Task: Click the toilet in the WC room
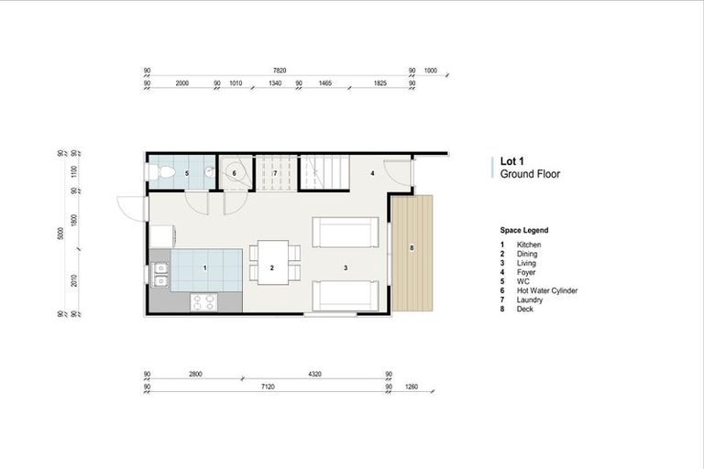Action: tap(156, 172)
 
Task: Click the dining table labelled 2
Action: tap(272, 262)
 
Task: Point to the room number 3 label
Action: tap(346, 267)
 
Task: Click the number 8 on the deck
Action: tap(412, 248)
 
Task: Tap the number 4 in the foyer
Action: tap(373, 172)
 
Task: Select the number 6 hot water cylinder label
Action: tap(234, 173)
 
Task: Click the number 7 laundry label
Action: tap(274, 173)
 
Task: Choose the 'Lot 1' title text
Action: tap(513, 160)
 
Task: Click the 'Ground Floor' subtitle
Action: tap(530, 174)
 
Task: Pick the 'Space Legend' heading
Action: tap(524, 230)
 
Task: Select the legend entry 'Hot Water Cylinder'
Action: tap(547, 290)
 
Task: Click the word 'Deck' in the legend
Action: tap(525, 309)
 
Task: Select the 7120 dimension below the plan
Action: tap(267, 387)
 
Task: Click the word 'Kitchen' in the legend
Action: tap(529, 245)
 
